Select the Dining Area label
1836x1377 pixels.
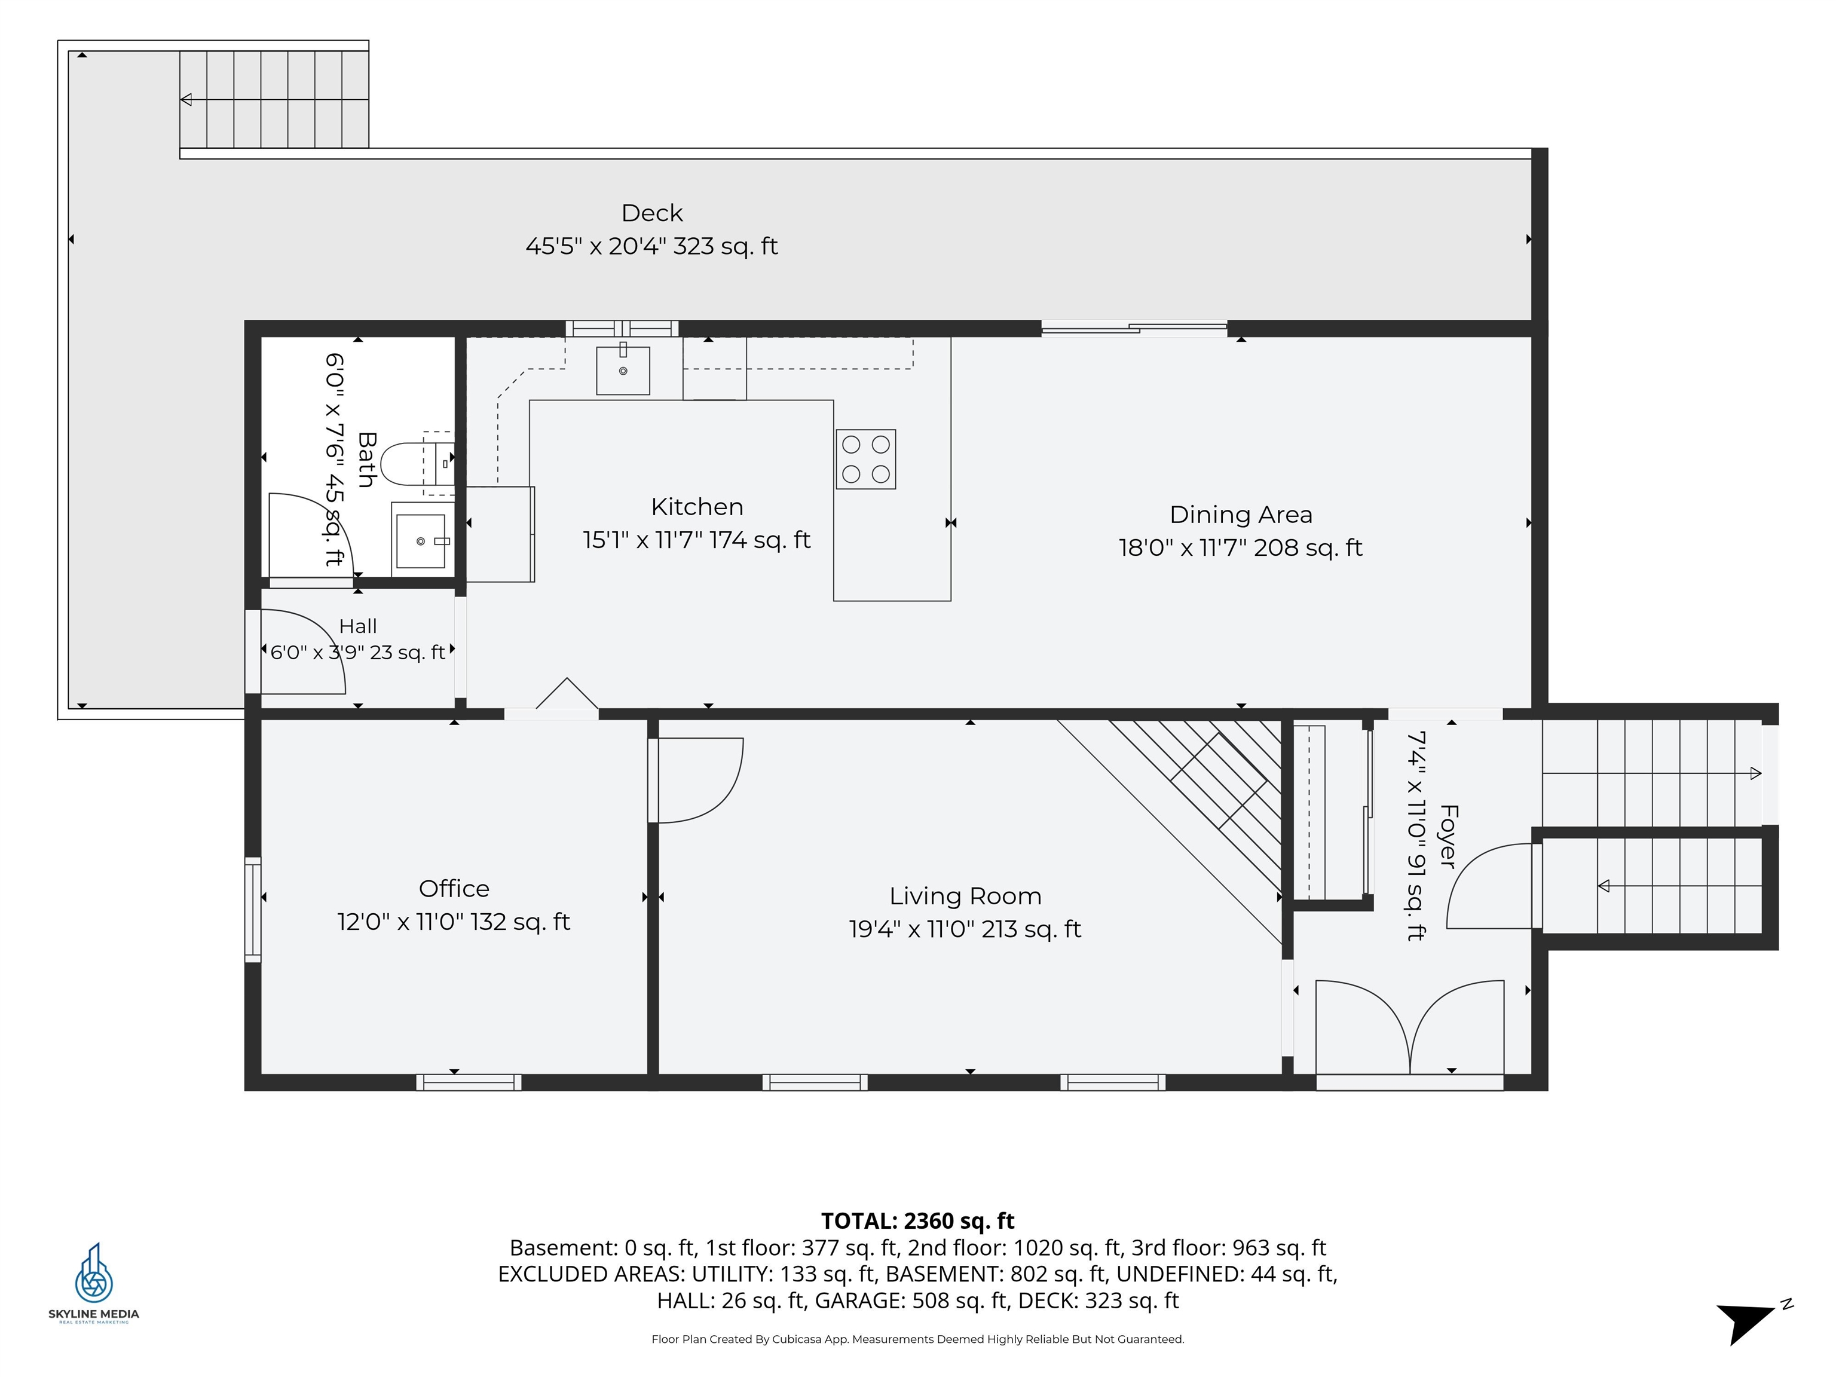pos(1241,515)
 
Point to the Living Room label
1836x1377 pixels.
pos(965,896)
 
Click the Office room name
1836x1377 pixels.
pos(454,888)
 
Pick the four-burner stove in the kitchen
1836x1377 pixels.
pos(866,459)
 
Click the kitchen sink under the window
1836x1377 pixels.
pos(623,370)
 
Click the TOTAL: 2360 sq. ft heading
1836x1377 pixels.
pos(918,1221)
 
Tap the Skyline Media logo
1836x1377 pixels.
pos(94,1283)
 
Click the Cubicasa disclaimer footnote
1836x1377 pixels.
pos(918,1339)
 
